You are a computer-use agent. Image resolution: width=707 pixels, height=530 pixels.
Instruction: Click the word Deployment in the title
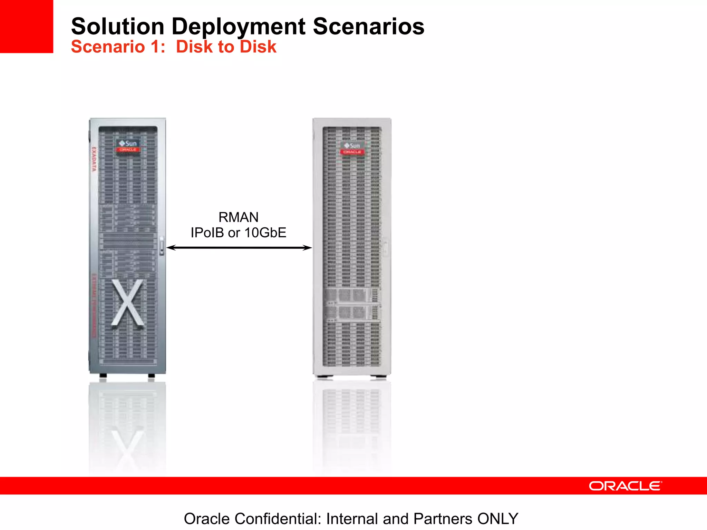239,27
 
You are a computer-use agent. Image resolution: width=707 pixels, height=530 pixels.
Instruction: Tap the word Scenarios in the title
368,27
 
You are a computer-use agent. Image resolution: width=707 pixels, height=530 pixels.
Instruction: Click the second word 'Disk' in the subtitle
258,47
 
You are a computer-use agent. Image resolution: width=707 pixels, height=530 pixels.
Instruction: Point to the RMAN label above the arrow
238,217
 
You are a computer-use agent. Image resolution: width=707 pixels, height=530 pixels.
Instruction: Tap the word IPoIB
207,233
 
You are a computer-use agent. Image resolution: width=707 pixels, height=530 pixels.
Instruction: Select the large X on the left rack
127,303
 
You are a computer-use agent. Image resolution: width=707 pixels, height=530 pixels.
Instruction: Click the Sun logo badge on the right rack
352,148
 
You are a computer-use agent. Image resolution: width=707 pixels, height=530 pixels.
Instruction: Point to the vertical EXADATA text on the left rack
94,159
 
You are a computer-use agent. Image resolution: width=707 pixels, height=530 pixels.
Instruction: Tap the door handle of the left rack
162,245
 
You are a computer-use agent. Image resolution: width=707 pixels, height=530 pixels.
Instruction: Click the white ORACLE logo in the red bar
625,486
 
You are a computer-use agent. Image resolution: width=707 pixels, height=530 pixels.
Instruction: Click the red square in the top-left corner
27,26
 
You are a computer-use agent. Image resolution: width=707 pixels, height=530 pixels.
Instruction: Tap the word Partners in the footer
443,519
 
